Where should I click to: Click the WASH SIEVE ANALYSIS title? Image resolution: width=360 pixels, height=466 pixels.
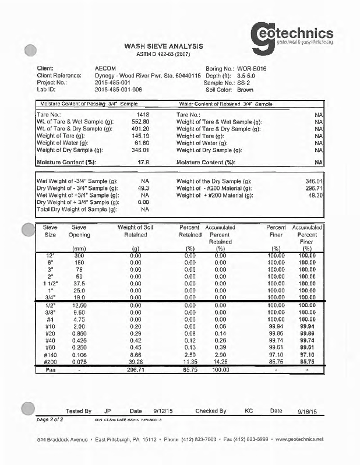[x=163, y=46]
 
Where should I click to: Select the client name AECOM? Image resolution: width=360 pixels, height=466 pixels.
[x=105, y=69]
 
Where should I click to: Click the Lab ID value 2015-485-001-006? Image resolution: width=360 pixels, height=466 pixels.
[x=118, y=90]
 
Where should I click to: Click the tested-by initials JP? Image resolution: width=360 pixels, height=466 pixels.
[x=107, y=411]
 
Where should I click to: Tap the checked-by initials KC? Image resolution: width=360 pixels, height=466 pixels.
[x=249, y=411]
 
